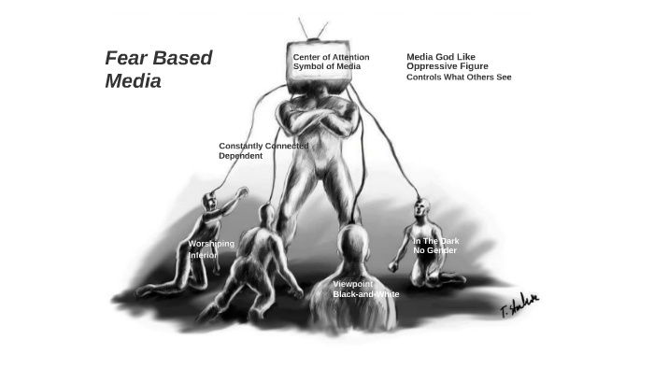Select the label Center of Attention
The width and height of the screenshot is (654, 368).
pyautogui.click(x=331, y=57)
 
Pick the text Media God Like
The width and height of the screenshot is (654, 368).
pyautogui.click(x=440, y=57)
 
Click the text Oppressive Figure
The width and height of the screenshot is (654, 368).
pyautogui.click(x=447, y=66)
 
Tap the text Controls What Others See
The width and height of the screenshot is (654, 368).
pyautogui.click(x=458, y=78)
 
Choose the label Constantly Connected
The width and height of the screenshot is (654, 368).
pyautogui.click(x=263, y=146)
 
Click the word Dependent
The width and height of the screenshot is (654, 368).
pyautogui.click(x=240, y=156)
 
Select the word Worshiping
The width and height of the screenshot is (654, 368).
pyautogui.click(x=211, y=244)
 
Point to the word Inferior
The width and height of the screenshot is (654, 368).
pyautogui.click(x=203, y=255)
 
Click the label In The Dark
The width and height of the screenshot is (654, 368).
pyautogui.click(x=435, y=241)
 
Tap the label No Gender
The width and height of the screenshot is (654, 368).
pyautogui.click(x=435, y=251)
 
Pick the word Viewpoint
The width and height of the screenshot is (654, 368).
pyautogui.click(x=352, y=284)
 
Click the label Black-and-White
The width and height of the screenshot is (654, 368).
pyautogui.click(x=365, y=294)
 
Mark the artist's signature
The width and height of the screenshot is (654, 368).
pyautogui.click(x=519, y=304)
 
